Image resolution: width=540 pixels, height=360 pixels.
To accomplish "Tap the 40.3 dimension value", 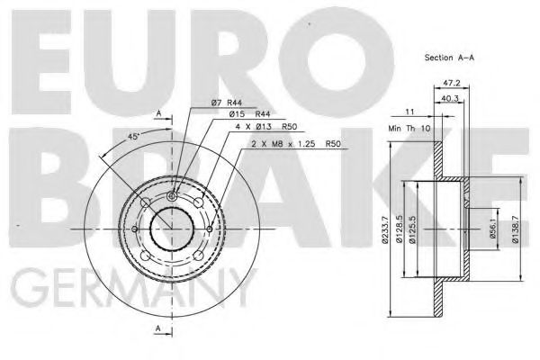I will pos(449,99).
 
